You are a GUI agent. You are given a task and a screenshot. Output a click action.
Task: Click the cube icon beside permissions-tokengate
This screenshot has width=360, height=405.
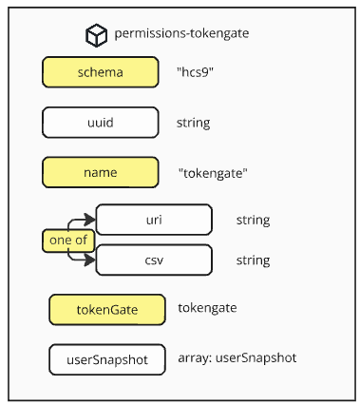(97, 35)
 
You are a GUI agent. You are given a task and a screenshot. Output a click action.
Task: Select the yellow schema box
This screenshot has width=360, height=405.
(100, 73)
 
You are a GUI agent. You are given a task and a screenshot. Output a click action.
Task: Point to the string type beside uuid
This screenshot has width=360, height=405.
(193, 123)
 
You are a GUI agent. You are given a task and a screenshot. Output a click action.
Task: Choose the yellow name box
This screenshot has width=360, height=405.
(100, 173)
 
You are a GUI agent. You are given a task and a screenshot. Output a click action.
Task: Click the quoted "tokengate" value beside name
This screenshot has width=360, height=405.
(214, 173)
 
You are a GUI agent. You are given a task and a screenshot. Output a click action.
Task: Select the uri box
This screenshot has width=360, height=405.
(154, 221)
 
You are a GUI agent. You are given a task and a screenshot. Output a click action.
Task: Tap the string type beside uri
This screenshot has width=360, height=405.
(253, 221)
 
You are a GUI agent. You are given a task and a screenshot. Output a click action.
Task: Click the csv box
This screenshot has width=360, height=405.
(154, 260)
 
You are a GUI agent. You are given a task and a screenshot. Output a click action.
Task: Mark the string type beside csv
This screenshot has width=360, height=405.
(253, 260)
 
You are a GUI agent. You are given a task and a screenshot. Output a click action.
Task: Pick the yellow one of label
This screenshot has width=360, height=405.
(67, 241)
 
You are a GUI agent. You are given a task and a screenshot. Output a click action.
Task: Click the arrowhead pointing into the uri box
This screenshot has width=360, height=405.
(91, 219)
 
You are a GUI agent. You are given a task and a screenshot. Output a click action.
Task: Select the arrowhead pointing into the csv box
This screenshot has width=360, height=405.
(91, 259)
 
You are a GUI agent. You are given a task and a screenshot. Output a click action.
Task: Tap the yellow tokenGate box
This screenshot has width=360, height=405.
(106, 309)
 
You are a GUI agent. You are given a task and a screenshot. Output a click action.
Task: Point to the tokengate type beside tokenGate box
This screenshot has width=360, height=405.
(207, 308)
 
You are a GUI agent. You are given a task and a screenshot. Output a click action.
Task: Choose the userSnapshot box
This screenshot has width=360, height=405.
(106, 358)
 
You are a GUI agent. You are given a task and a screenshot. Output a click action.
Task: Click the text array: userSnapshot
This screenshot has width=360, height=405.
(237, 358)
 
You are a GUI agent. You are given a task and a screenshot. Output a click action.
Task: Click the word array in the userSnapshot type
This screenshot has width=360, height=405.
(193, 358)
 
